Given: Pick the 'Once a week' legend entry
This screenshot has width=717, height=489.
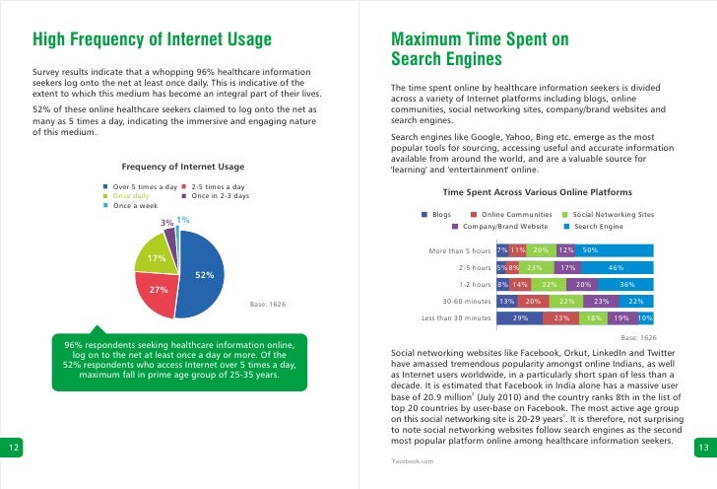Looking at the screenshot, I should pos(137,206).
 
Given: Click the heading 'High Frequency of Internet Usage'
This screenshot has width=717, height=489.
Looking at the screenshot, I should pos(154,40).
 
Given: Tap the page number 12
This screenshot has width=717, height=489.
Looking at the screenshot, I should pos(13,448).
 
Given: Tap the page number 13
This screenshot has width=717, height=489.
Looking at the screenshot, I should pos(703,448).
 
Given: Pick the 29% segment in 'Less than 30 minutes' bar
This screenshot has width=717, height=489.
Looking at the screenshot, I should pos(521,317).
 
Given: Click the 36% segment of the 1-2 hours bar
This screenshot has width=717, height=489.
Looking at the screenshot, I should pos(626,284).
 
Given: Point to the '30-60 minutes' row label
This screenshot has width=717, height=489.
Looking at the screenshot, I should pos(467,301).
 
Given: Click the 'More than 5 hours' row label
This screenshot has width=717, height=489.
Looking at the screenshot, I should pos(460,250).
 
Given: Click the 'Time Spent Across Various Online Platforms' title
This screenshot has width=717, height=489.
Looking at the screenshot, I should pos(537,191).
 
